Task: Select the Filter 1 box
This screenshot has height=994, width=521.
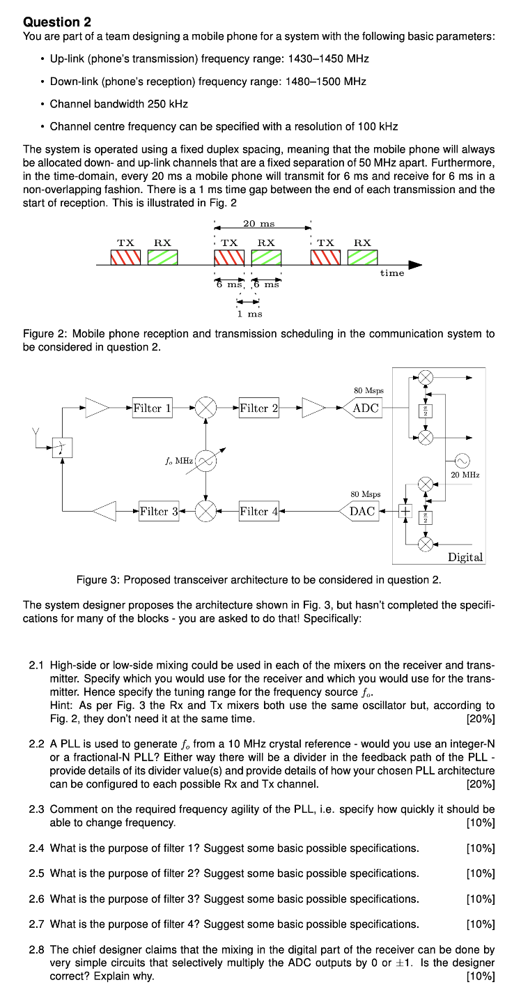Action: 152,408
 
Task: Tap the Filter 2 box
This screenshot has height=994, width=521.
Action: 258,408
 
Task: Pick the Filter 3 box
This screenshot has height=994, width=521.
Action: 159,511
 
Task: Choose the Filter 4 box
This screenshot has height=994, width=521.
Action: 258,511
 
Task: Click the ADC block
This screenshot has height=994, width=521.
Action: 366,408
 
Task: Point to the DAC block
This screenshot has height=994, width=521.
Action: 363,511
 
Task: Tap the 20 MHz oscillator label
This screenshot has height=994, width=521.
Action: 465,474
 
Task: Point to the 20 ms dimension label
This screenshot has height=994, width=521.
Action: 259,223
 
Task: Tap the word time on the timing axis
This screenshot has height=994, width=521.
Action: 392,273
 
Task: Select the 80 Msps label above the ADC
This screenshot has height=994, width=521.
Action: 369,391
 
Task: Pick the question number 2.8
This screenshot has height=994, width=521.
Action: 37,949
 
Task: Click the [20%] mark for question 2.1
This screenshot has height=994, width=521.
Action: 480,718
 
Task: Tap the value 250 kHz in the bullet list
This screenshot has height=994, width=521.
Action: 167,104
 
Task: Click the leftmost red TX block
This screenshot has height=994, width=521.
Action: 125,257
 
